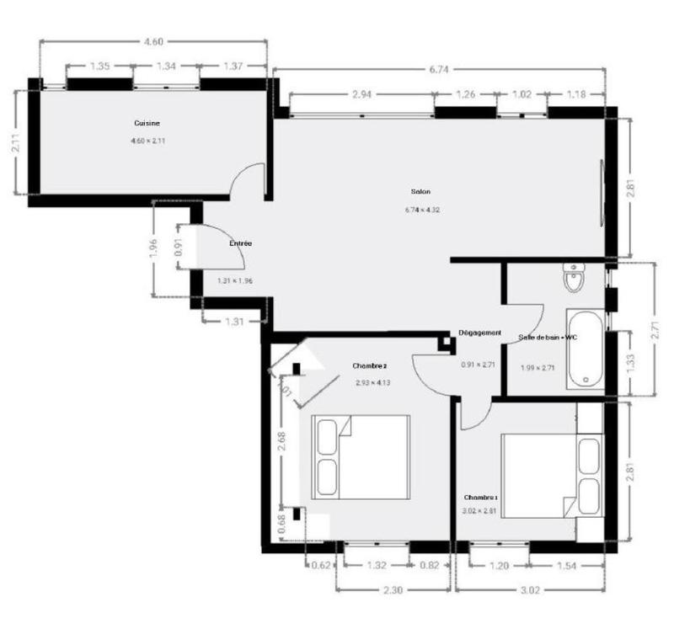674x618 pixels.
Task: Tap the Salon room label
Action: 420,191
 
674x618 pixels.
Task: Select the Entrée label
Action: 241,243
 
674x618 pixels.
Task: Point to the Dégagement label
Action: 480,333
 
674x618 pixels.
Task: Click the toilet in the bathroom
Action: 574,277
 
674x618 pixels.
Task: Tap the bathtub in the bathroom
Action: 584,349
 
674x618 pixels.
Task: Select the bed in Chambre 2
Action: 361,456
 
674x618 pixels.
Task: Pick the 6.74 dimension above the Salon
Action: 438,70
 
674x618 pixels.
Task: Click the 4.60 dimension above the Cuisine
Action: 152,41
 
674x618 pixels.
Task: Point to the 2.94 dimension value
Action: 361,94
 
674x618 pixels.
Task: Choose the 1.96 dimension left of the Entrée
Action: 152,249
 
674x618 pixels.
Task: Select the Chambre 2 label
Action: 369,365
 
